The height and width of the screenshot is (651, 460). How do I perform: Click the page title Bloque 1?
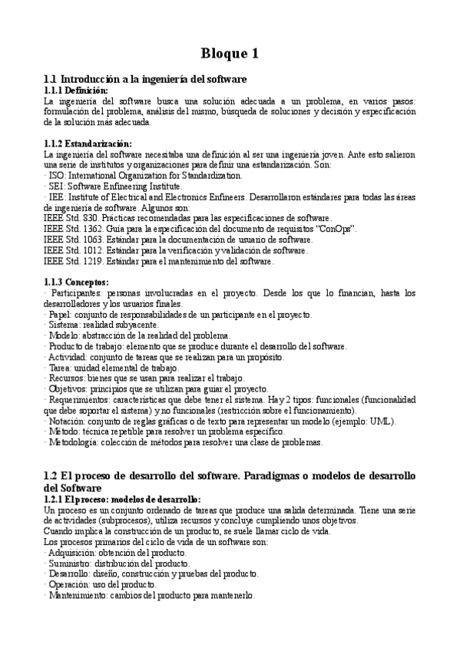click(230, 54)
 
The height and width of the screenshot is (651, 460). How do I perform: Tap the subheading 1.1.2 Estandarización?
click(88, 144)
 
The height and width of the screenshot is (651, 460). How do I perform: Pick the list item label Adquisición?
click(71, 552)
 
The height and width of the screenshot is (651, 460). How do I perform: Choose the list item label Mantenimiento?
click(78, 595)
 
